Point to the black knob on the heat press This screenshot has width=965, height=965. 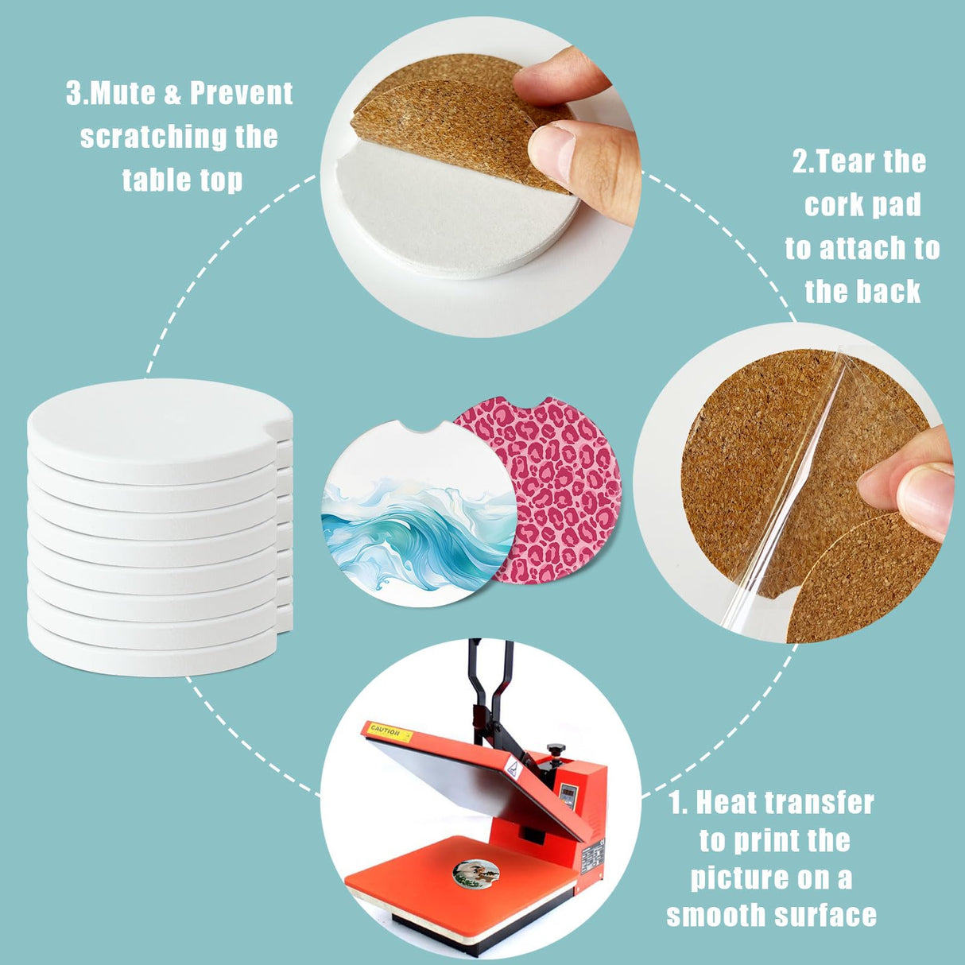click(x=556, y=750)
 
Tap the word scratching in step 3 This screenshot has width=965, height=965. click(x=152, y=137)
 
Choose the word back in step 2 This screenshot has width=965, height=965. click(x=893, y=292)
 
